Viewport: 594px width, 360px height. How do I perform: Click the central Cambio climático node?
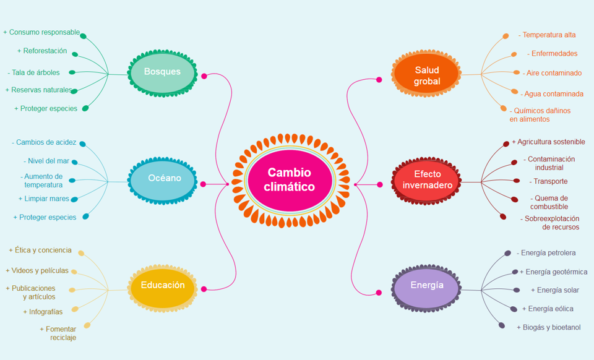290,180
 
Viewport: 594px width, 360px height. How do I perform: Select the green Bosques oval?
163,73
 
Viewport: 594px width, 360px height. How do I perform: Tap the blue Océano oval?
163,181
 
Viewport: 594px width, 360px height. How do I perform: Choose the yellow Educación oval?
163,288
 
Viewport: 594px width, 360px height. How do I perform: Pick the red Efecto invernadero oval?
426,181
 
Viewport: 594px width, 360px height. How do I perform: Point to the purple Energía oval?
426,288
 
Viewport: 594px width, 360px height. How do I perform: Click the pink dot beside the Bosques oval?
204,76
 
